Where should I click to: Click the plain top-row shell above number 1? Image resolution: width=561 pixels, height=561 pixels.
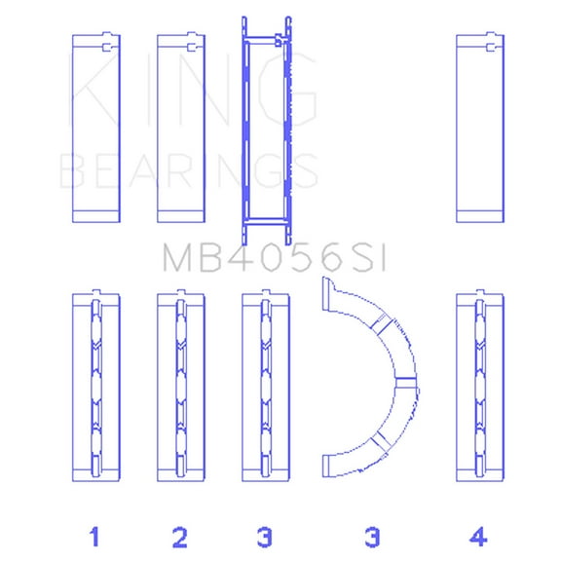[x=96, y=128]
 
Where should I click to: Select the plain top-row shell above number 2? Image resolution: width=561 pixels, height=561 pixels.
[x=181, y=128]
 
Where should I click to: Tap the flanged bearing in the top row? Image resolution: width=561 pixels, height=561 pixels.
[x=266, y=128]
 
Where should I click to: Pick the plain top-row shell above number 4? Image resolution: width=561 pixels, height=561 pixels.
[x=480, y=128]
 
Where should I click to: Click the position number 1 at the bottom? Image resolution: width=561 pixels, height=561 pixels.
[x=95, y=536]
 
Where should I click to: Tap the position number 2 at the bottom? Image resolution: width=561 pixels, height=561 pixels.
[x=180, y=536]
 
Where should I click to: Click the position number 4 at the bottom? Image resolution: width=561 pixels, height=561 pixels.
[x=479, y=536]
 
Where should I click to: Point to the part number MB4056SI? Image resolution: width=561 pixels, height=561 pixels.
[x=275, y=258]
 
